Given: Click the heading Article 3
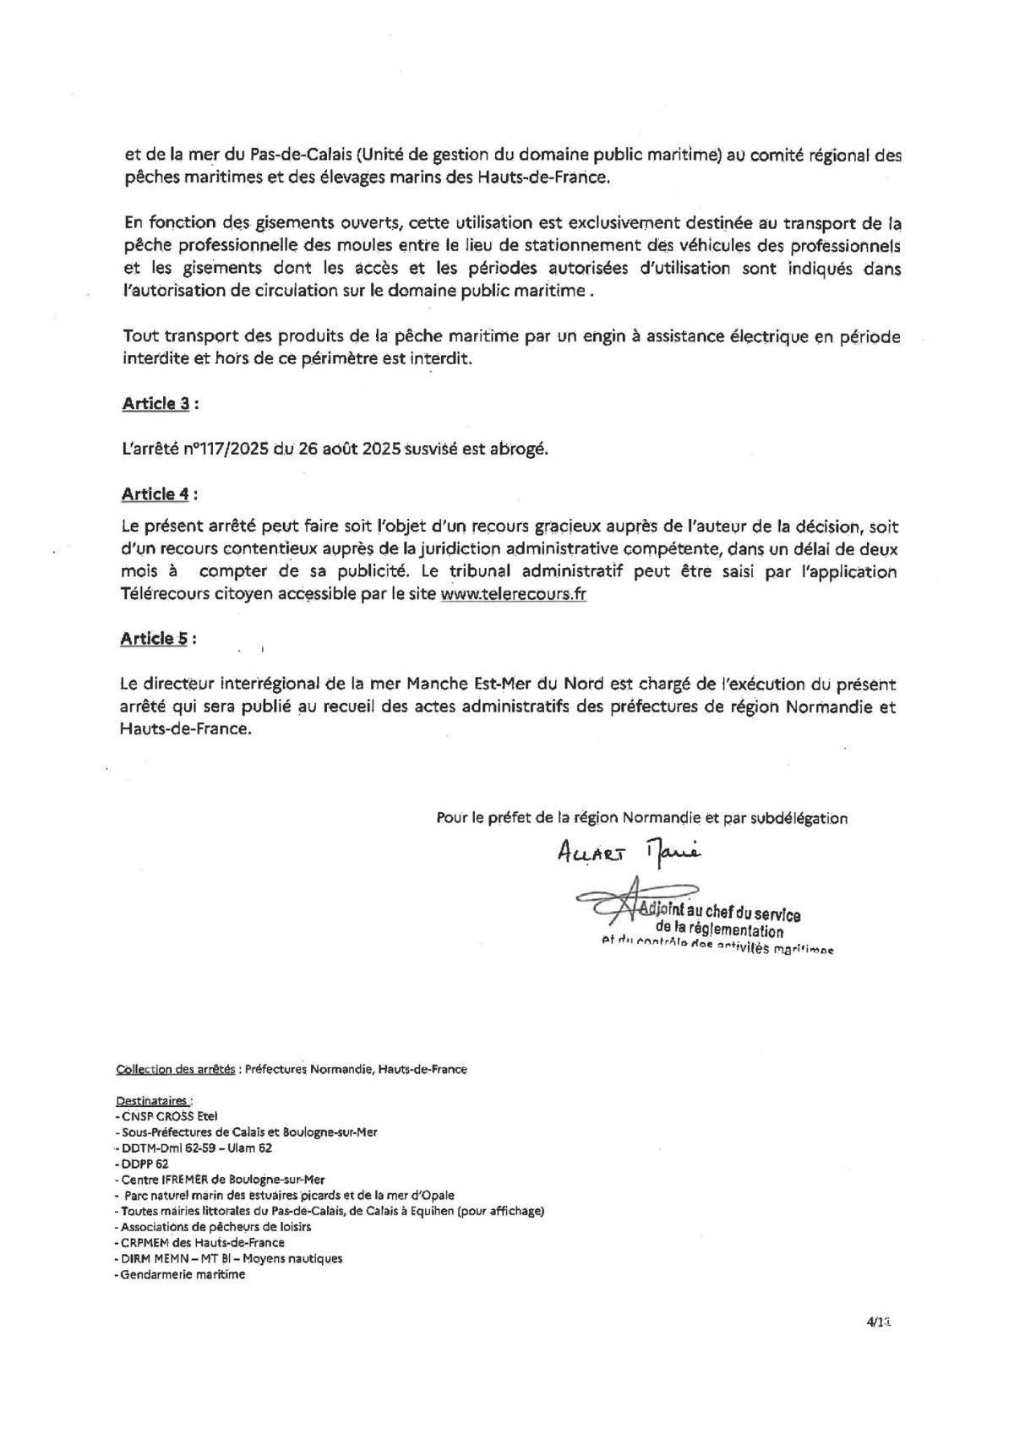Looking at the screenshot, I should tap(155, 403).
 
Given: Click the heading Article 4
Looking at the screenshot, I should tap(155, 493).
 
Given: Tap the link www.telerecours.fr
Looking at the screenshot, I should tap(514, 594).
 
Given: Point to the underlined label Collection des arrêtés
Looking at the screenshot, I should tap(176, 1069).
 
